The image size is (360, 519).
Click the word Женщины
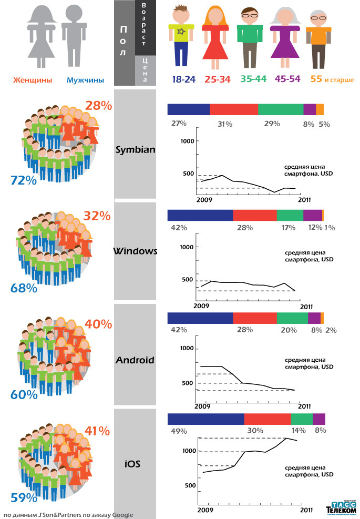pyautogui.click(x=33, y=80)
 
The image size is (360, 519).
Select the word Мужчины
pyautogui.click(x=85, y=80)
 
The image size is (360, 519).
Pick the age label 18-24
pyautogui.click(x=183, y=79)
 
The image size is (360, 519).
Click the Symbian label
pyautogui.click(x=135, y=149)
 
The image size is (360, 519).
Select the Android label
pyautogui.click(x=135, y=360)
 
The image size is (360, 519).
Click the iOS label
pyautogui.click(x=132, y=464)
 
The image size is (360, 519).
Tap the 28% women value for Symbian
pyautogui.click(x=99, y=106)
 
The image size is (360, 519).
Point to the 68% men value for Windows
pyautogui.click(x=24, y=288)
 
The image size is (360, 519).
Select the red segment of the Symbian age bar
pyautogui.click(x=234, y=109)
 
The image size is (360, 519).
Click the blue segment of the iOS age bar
pyautogui.click(x=205, y=419)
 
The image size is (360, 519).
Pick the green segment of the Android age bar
pyautogui.click(x=292, y=318)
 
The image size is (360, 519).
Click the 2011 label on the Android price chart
pyautogui.click(x=305, y=405)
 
